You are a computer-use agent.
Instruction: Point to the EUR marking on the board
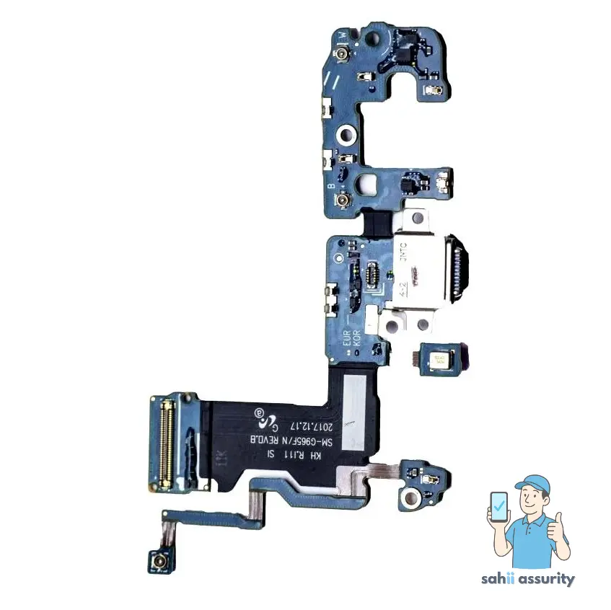click(346, 336)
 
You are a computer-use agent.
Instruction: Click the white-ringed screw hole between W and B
click(347, 134)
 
